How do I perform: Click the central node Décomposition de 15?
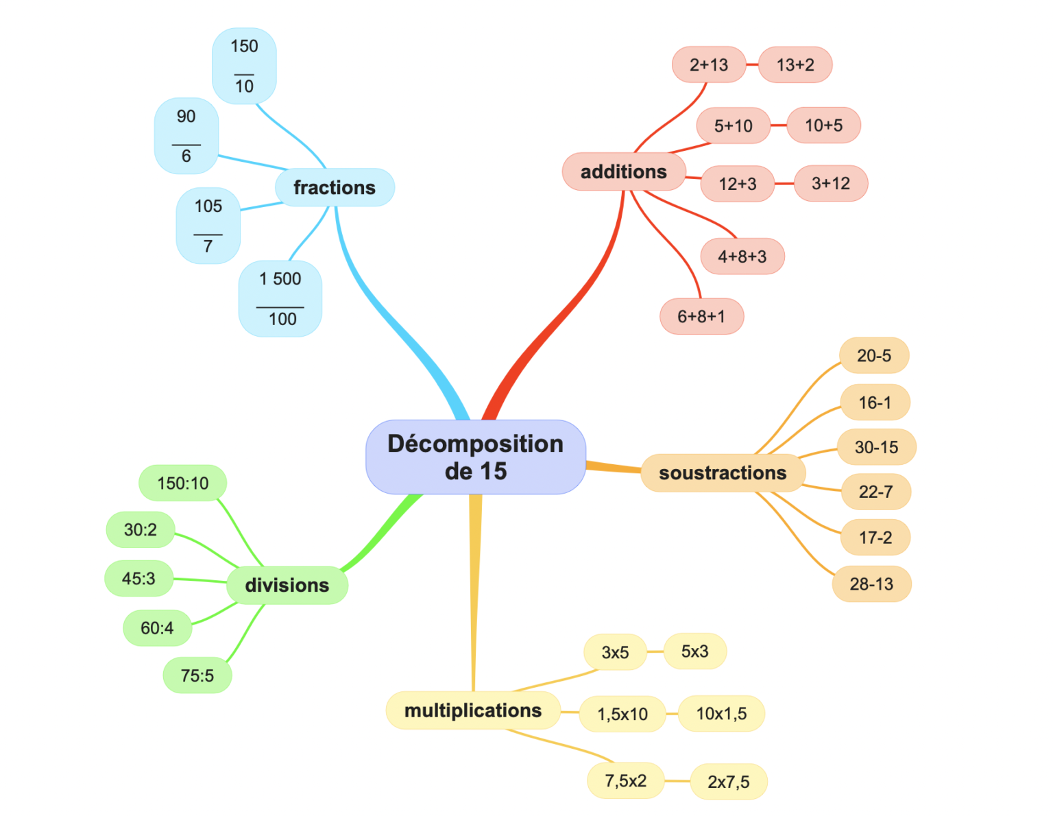pyautogui.click(x=475, y=457)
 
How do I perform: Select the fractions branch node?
pyautogui.click(x=335, y=187)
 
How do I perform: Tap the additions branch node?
pyautogui.click(x=623, y=171)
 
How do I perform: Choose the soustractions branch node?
pyautogui.click(x=723, y=473)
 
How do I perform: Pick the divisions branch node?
pyautogui.click(x=287, y=585)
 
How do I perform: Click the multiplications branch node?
pyautogui.click(x=473, y=710)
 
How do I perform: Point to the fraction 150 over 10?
pyautogui.click(x=244, y=66)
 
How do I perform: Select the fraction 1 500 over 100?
pyautogui.click(x=280, y=299)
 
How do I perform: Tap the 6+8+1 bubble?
pyautogui.click(x=701, y=316)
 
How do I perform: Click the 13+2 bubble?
pyautogui.click(x=795, y=65)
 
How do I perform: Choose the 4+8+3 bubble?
pyautogui.click(x=742, y=256)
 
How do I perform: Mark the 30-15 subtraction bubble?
pyautogui.click(x=876, y=447)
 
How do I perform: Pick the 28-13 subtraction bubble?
pyautogui.click(x=871, y=584)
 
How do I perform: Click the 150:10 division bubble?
pyautogui.click(x=183, y=483)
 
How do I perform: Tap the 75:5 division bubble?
pyautogui.click(x=197, y=675)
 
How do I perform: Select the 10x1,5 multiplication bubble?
pyautogui.click(x=721, y=714)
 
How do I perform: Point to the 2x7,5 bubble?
pyautogui.click(x=728, y=782)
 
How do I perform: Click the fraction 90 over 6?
pyautogui.click(x=186, y=136)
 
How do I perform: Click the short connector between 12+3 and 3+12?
pyautogui.click(x=784, y=184)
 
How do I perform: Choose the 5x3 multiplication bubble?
pyautogui.click(x=694, y=651)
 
